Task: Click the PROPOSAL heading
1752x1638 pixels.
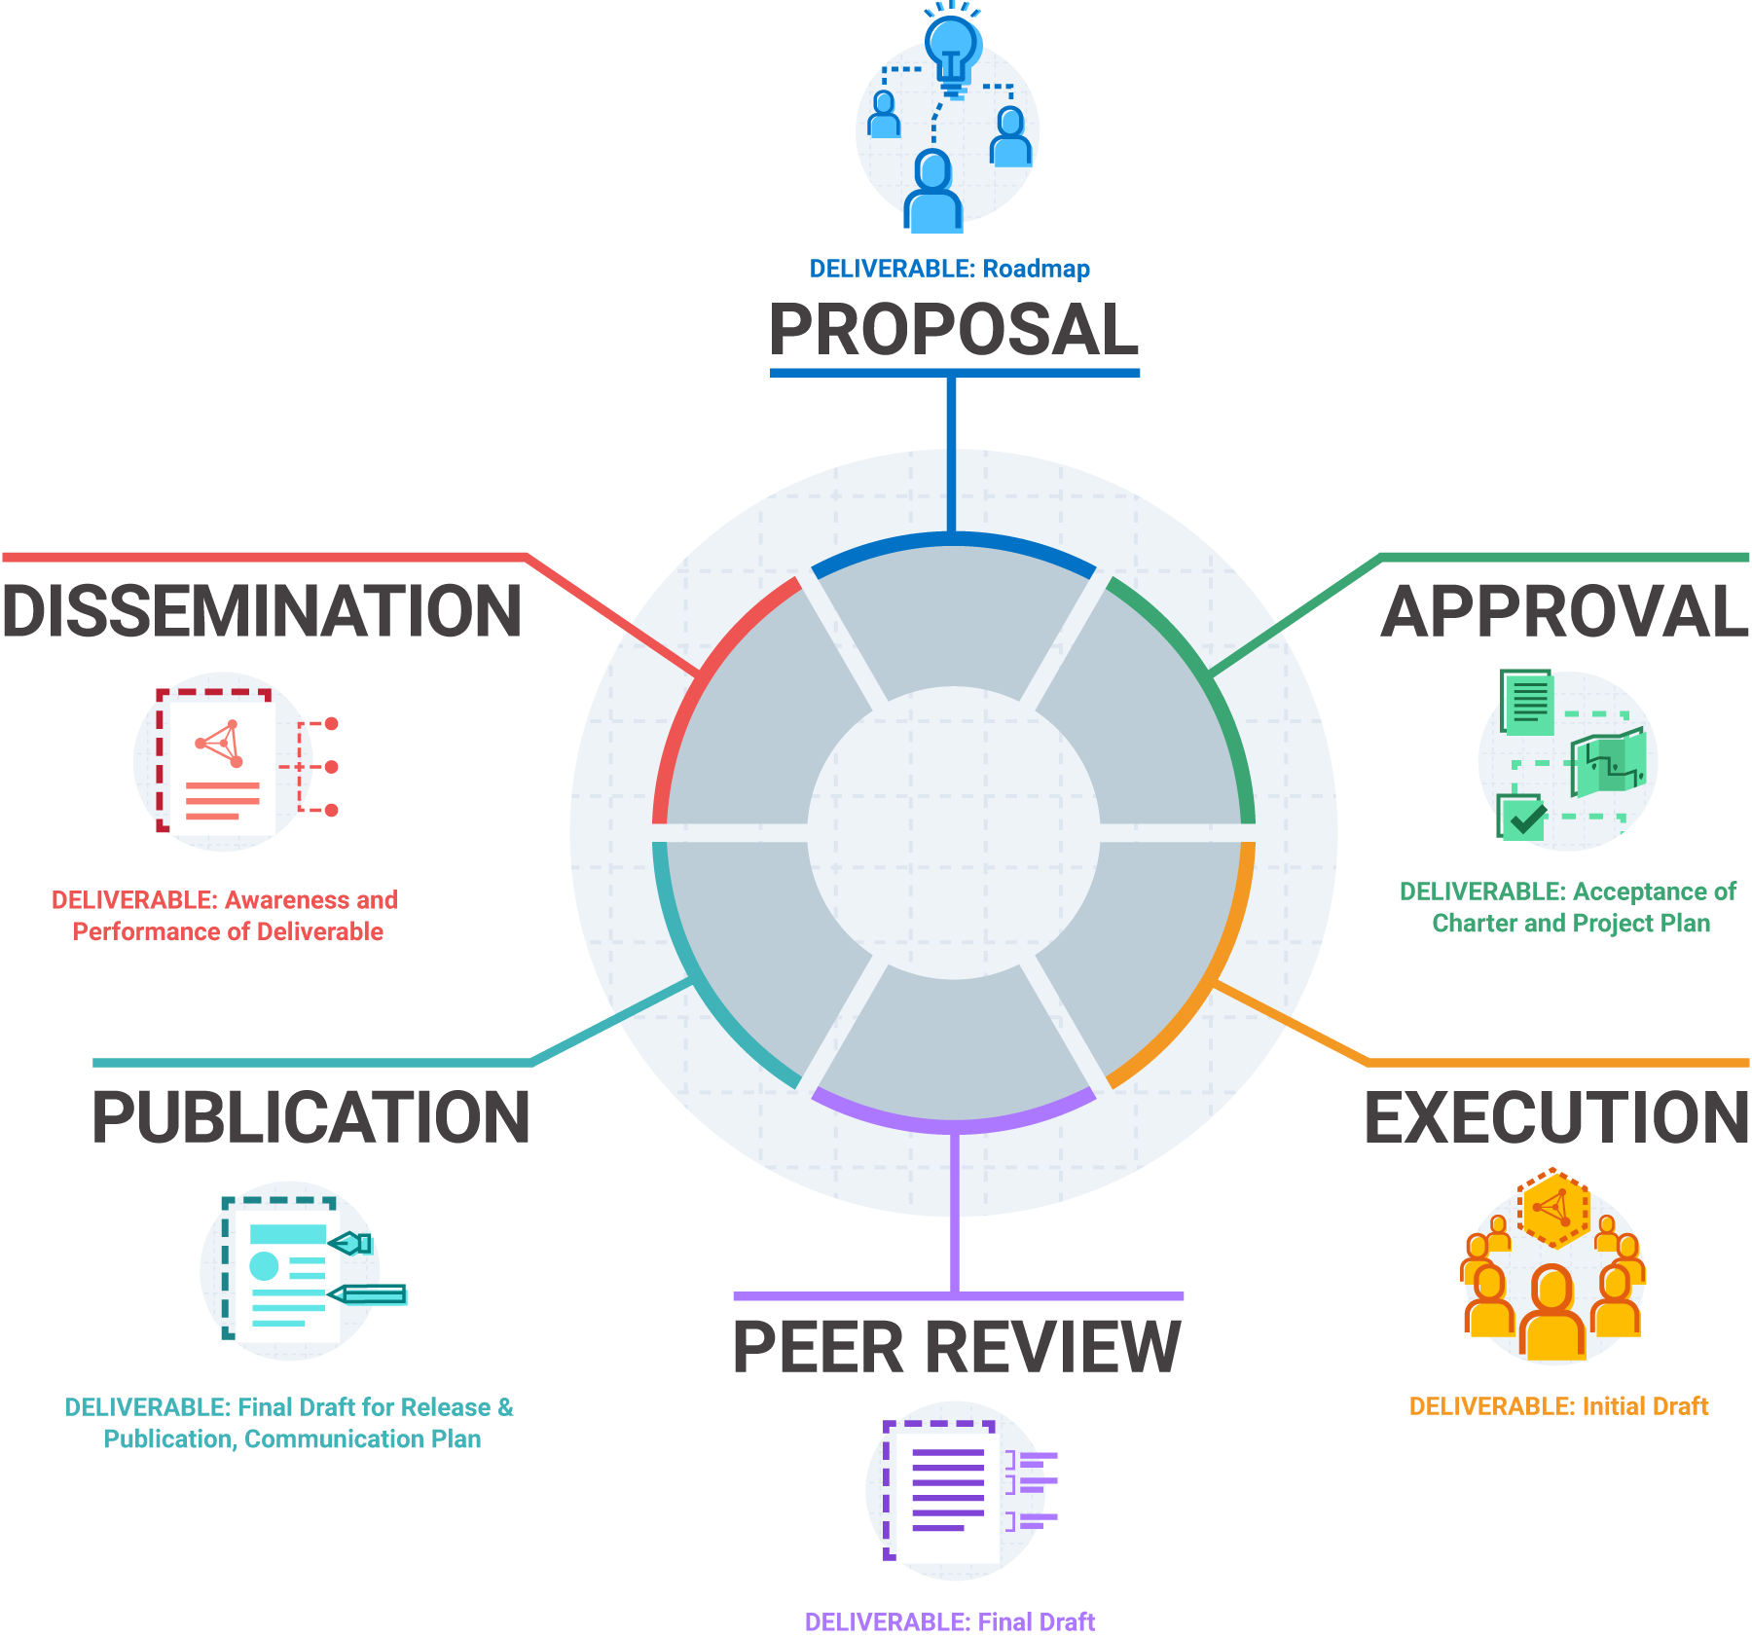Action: click(x=954, y=330)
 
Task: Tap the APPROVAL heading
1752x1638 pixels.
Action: click(x=1565, y=612)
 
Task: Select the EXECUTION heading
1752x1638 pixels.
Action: click(x=1556, y=1117)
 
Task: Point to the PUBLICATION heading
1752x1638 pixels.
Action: click(x=311, y=1117)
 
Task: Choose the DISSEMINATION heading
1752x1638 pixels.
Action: click(x=262, y=612)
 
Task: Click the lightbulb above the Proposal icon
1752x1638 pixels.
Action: click(x=952, y=49)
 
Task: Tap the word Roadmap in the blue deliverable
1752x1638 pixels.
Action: click(x=1037, y=269)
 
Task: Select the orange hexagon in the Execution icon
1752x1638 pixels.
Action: click(x=1554, y=1209)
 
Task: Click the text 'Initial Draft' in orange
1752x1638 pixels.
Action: click(x=1645, y=1406)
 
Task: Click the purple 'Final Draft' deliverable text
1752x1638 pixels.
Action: click(x=1036, y=1621)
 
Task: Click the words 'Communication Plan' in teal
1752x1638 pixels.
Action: click(x=363, y=1438)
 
